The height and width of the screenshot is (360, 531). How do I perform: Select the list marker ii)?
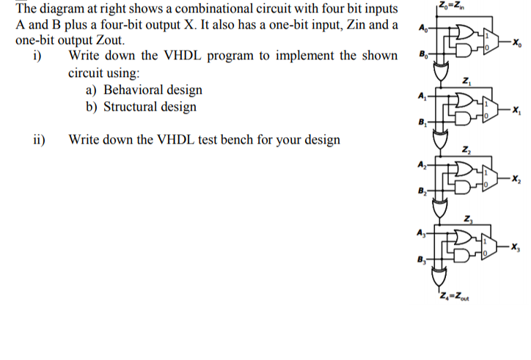(39, 139)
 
